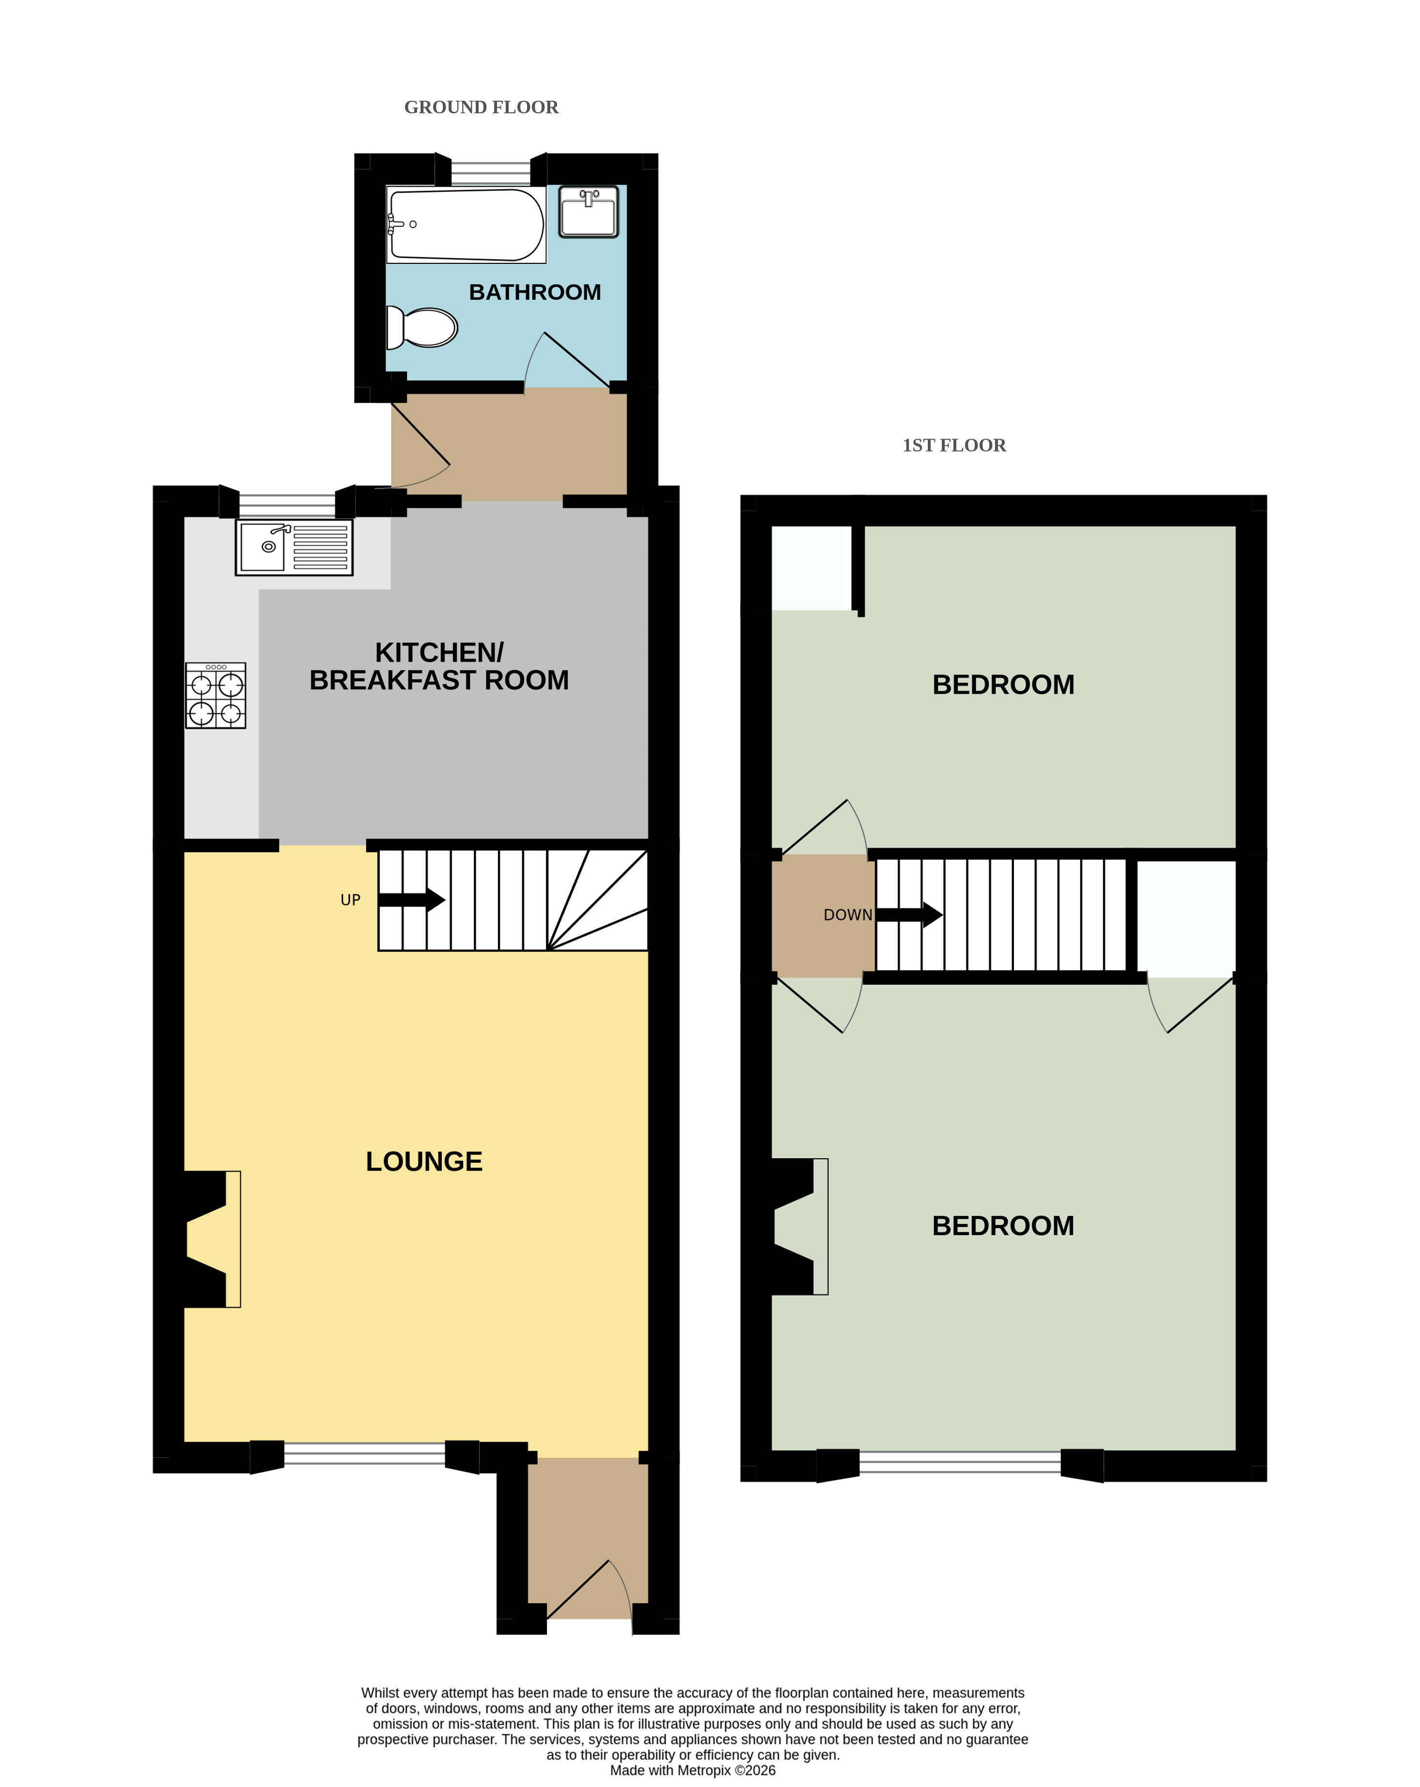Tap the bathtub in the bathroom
(466, 225)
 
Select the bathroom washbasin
(588, 212)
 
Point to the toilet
(422, 327)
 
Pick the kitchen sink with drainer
(294, 547)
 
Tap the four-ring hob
(215, 695)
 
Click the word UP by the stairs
(350, 900)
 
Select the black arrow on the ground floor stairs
(412, 899)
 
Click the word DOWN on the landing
(847, 915)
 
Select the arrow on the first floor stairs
(909, 915)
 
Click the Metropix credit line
(693, 1771)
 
